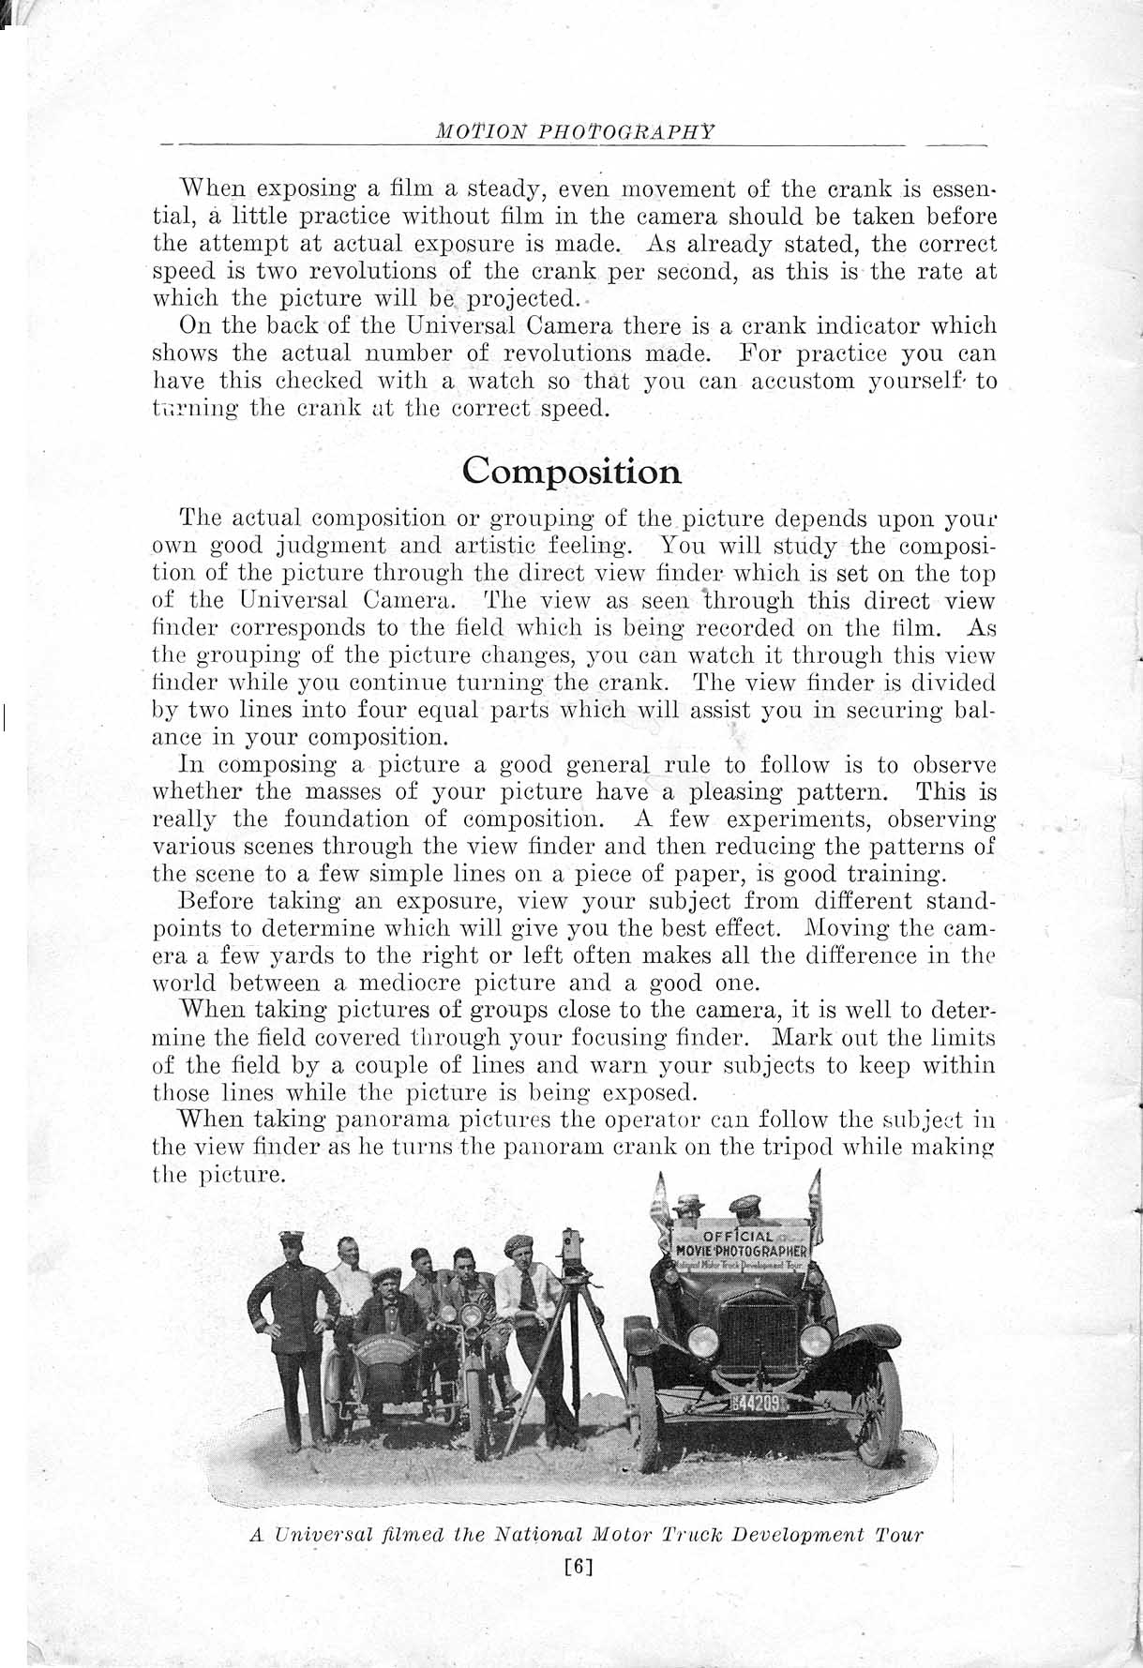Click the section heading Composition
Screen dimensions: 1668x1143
[x=572, y=470]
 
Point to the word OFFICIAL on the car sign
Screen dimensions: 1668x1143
[x=738, y=1237]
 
